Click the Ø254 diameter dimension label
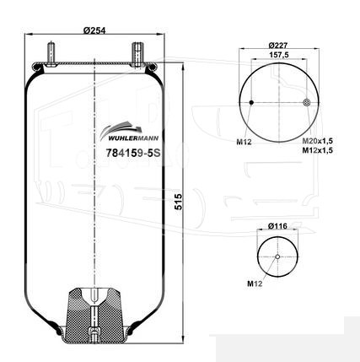click(x=94, y=30)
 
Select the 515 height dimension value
click(x=179, y=202)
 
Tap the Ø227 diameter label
click(x=278, y=45)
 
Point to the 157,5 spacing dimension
click(x=279, y=55)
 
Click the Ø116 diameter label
click(x=277, y=226)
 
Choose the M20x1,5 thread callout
click(x=318, y=141)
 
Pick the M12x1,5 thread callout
click(x=318, y=150)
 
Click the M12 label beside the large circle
click(x=244, y=142)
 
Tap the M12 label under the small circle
click(x=255, y=284)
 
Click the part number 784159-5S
click(x=133, y=153)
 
